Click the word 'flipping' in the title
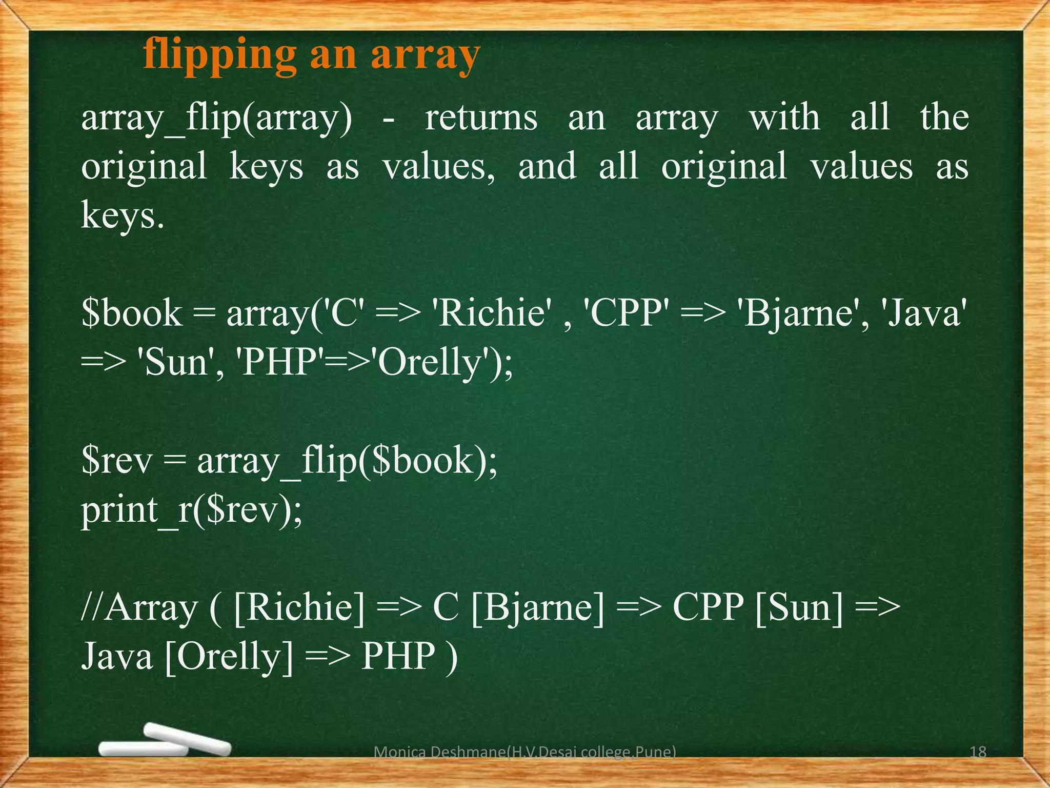click(219, 55)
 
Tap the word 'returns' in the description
click(481, 118)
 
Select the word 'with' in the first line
click(784, 118)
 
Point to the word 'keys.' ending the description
click(123, 215)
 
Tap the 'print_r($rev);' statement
click(192, 510)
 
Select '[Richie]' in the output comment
click(299, 608)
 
